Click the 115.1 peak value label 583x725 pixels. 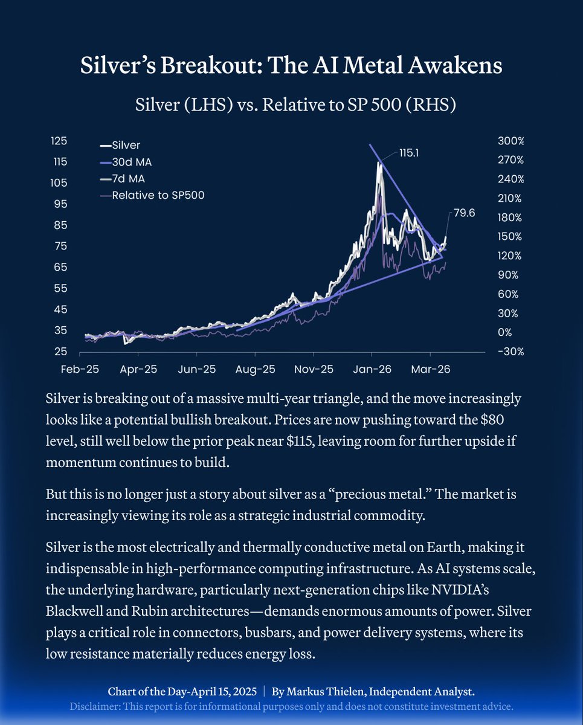coord(409,153)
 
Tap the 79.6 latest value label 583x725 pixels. coord(463,213)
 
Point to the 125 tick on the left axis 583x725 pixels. coord(59,140)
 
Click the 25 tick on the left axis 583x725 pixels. coord(60,352)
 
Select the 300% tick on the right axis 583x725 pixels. coord(511,141)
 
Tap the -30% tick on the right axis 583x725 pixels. coord(511,352)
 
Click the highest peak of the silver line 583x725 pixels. coord(379,163)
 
